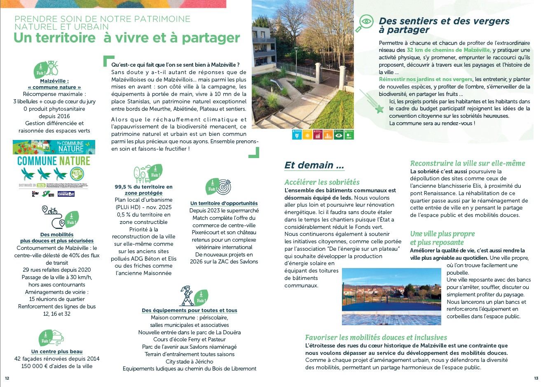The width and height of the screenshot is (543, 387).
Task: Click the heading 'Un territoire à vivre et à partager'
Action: [x=126, y=38]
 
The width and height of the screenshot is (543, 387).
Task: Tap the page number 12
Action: [x=7, y=378]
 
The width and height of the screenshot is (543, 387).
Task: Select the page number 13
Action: [x=536, y=378]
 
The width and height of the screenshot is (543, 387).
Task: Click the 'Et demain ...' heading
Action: [x=314, y=165]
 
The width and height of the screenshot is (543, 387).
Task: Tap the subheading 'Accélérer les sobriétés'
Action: [x=322, y=182]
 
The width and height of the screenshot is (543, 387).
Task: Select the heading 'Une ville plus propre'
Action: [x=442, y=234]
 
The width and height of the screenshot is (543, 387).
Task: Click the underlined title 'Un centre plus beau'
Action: [x=57, y=352]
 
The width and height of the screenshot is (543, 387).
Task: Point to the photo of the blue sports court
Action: [x=391, y=296]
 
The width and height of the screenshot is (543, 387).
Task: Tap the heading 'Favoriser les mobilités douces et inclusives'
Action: [x=376, y=337]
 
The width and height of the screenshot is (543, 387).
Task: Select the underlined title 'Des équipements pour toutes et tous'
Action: [x=190, y=310]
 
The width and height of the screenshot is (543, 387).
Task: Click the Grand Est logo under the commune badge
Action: [x=66, y=193]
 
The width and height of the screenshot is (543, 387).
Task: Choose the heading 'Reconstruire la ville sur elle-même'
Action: [x=467, y=163]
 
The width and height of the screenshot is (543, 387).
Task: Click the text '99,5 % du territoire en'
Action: [x=143, y=187]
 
